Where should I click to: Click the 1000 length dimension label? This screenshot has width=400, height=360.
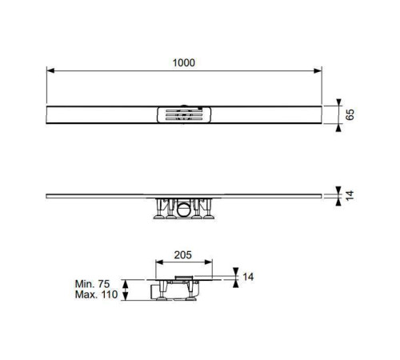pyautogui.click(x=184, y=62)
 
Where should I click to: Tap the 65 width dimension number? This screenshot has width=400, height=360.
pyautogui.click(x=350, y=114)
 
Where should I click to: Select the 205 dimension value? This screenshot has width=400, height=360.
pyautogui.click(x=183, y=255)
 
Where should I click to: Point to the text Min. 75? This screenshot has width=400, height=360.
pyautogui.click(x=92, y=284)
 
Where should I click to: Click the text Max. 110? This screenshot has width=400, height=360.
pyautogui.click(x=96, y=294)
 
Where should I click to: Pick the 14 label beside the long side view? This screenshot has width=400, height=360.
pyautogui.click(x=350, y=195)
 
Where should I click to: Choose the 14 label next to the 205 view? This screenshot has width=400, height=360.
pyautogui.click(x=248, y=277)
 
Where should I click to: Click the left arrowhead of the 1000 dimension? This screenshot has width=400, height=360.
pyautogui.click(x=50, y=70)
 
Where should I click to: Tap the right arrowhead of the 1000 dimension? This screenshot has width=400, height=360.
pyautogui.click(x=318, y=70)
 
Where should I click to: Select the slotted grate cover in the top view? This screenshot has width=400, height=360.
pyautogui.click(x=184, y=115)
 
